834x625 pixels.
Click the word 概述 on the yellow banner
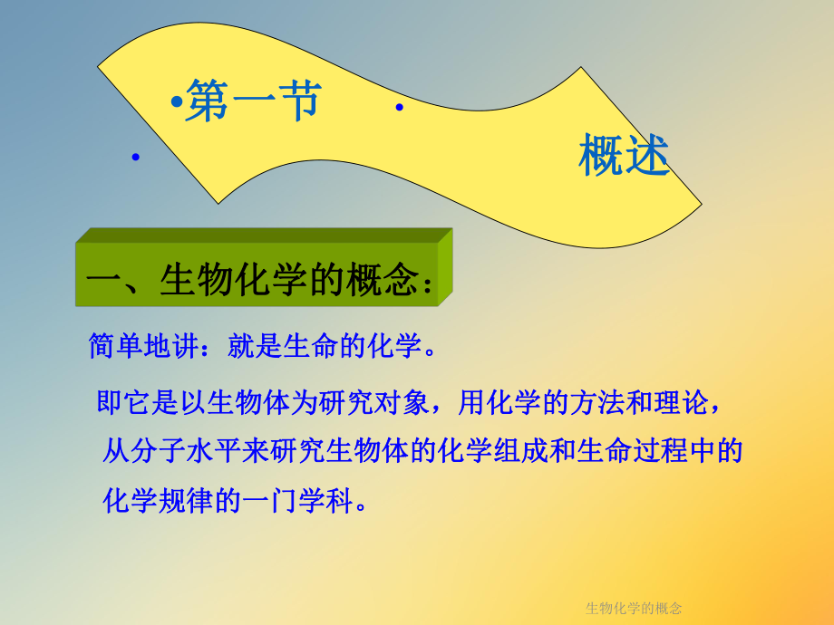coord(624,156)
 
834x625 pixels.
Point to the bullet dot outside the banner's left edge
coord(135,158)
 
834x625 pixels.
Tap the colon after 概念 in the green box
coord(428,283)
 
